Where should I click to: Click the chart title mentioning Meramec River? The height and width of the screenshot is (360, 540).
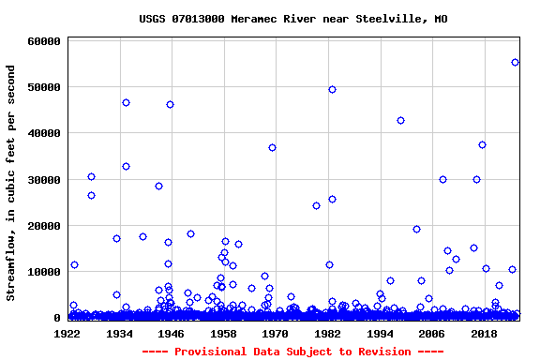[x=292, y=19]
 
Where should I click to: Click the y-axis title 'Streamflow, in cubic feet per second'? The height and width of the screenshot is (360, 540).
[x=11, y=183]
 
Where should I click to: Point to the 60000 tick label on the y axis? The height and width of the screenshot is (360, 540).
[x=44, y=41]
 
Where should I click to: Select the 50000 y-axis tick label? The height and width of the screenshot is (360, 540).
[x=44, y=87]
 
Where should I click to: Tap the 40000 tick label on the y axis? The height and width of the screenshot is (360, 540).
[x=44, y=133]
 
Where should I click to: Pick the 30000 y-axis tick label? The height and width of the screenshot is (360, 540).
[x=44, y=180]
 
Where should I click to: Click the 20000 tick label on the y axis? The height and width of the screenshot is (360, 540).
[x=44, y=226]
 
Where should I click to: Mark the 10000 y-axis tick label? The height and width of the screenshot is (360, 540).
[x=44, y=272]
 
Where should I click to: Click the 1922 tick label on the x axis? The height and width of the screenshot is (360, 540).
[x=67, y=333]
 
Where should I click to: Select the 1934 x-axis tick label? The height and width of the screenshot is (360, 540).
[x=120, y=333]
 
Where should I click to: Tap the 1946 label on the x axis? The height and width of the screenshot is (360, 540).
[x=172, y=333]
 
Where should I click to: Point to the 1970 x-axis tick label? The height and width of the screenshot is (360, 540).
[x=276, y=333]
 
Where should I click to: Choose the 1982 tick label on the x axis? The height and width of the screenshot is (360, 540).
[x=328, y=333]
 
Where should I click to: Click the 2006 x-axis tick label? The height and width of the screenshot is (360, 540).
[x=432, y=333]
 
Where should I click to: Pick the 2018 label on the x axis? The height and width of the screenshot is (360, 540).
[x=484, y=333]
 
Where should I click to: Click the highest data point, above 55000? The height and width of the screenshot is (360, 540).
[x=515, y=63]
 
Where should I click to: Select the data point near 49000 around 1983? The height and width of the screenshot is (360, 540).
[x=332, y=89]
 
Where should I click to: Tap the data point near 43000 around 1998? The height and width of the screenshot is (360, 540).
[x=400, y=120]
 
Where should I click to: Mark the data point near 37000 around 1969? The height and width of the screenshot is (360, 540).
[x=272, y=147]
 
